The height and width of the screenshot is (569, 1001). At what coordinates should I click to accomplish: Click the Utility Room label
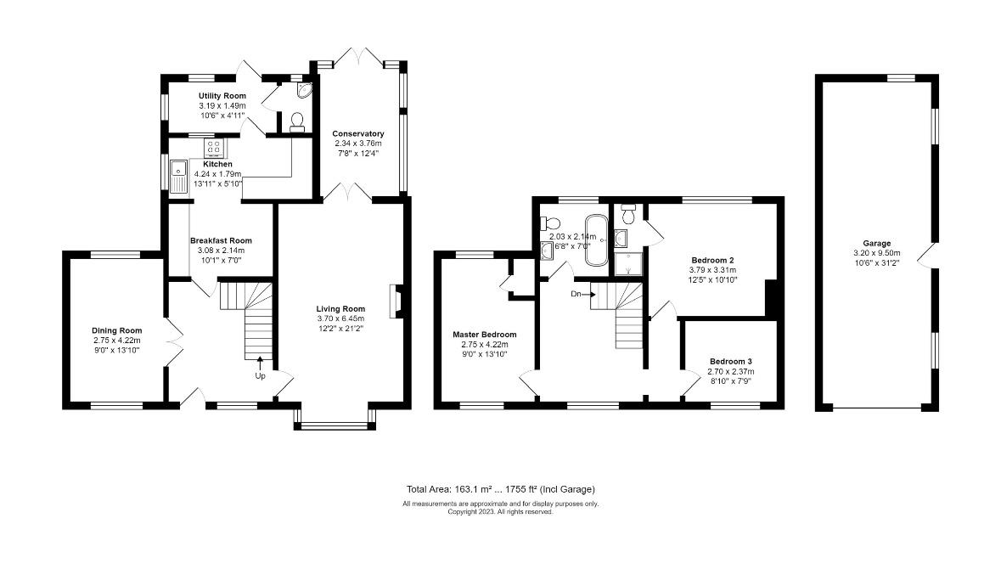222,96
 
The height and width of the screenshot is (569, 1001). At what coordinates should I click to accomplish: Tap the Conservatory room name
358,133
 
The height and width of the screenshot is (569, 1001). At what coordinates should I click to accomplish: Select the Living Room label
340,308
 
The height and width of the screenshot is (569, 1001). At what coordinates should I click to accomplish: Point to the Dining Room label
117,330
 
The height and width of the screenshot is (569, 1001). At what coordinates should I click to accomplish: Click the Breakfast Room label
221,240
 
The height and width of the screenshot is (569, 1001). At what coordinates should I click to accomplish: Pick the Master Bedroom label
485,334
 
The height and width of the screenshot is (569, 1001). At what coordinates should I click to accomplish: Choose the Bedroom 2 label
712,260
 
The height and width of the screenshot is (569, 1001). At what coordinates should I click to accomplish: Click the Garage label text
876,243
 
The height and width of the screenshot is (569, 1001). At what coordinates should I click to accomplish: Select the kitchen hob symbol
215,148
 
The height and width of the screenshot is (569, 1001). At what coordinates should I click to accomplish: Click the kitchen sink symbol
179,177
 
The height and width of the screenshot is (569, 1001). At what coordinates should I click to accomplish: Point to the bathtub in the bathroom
598,240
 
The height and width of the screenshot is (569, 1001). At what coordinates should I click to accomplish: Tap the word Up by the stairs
260,376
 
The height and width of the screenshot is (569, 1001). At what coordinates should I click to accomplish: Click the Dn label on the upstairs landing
576,295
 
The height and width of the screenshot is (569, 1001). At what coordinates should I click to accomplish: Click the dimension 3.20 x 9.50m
876,253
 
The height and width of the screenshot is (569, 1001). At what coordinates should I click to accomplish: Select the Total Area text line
501,489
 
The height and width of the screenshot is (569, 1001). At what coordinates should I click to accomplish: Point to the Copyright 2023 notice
501,511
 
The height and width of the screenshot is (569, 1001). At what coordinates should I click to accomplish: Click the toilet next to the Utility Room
296,122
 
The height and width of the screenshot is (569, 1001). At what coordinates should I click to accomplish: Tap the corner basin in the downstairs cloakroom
304,90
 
